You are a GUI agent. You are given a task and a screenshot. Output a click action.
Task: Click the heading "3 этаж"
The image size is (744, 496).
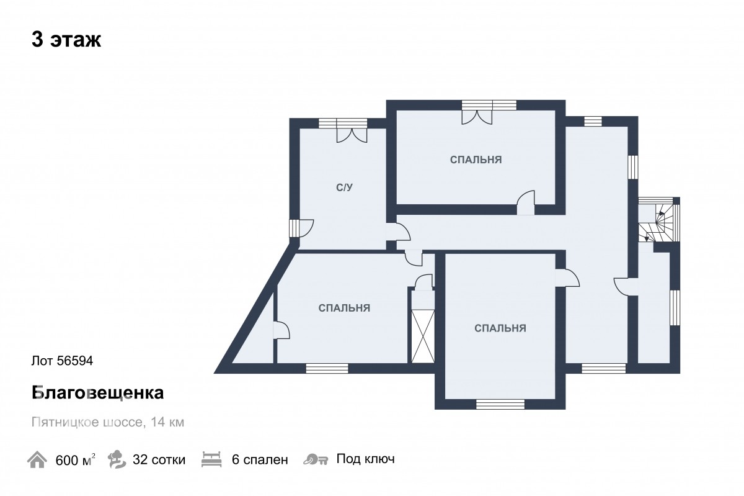point(66,40)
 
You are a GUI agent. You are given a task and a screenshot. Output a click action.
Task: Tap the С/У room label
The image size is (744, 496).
point(345,187)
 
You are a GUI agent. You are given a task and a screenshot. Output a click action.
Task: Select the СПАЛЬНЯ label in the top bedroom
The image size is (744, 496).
point(476,160)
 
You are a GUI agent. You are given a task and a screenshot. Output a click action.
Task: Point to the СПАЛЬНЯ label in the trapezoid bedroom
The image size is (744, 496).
point(344,308)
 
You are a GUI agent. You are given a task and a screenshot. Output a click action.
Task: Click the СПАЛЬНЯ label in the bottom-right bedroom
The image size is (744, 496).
point(500,328)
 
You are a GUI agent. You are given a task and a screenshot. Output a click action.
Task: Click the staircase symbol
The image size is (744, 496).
point(658,222)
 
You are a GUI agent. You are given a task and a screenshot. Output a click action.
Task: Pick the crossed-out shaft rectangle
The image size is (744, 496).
point(423,336)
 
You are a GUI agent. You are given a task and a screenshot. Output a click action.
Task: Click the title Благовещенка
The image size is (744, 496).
point(98,392)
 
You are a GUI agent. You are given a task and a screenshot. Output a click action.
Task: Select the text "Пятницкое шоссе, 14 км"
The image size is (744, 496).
point(108,422)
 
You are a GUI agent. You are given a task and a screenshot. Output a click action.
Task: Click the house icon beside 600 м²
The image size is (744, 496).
point(37,459)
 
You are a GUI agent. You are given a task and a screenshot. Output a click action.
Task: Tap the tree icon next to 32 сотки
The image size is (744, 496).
point(117,459)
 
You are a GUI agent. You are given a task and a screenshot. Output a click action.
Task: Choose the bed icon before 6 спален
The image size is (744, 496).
point(211,459)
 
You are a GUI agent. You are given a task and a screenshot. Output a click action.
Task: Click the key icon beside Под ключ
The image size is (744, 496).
point(316,459)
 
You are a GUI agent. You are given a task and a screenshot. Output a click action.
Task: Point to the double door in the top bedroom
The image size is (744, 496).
point(477,117)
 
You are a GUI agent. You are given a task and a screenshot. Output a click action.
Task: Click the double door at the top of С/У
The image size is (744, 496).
point(352,135)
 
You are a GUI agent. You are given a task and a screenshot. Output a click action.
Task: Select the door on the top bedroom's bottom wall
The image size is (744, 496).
point(526,202)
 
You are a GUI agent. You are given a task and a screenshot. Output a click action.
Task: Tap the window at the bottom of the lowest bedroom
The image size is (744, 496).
point(500,404)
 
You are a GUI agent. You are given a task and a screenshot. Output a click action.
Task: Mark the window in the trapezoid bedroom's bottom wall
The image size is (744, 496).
point(327,369)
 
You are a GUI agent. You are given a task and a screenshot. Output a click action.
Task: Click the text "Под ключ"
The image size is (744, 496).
point(365,459)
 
